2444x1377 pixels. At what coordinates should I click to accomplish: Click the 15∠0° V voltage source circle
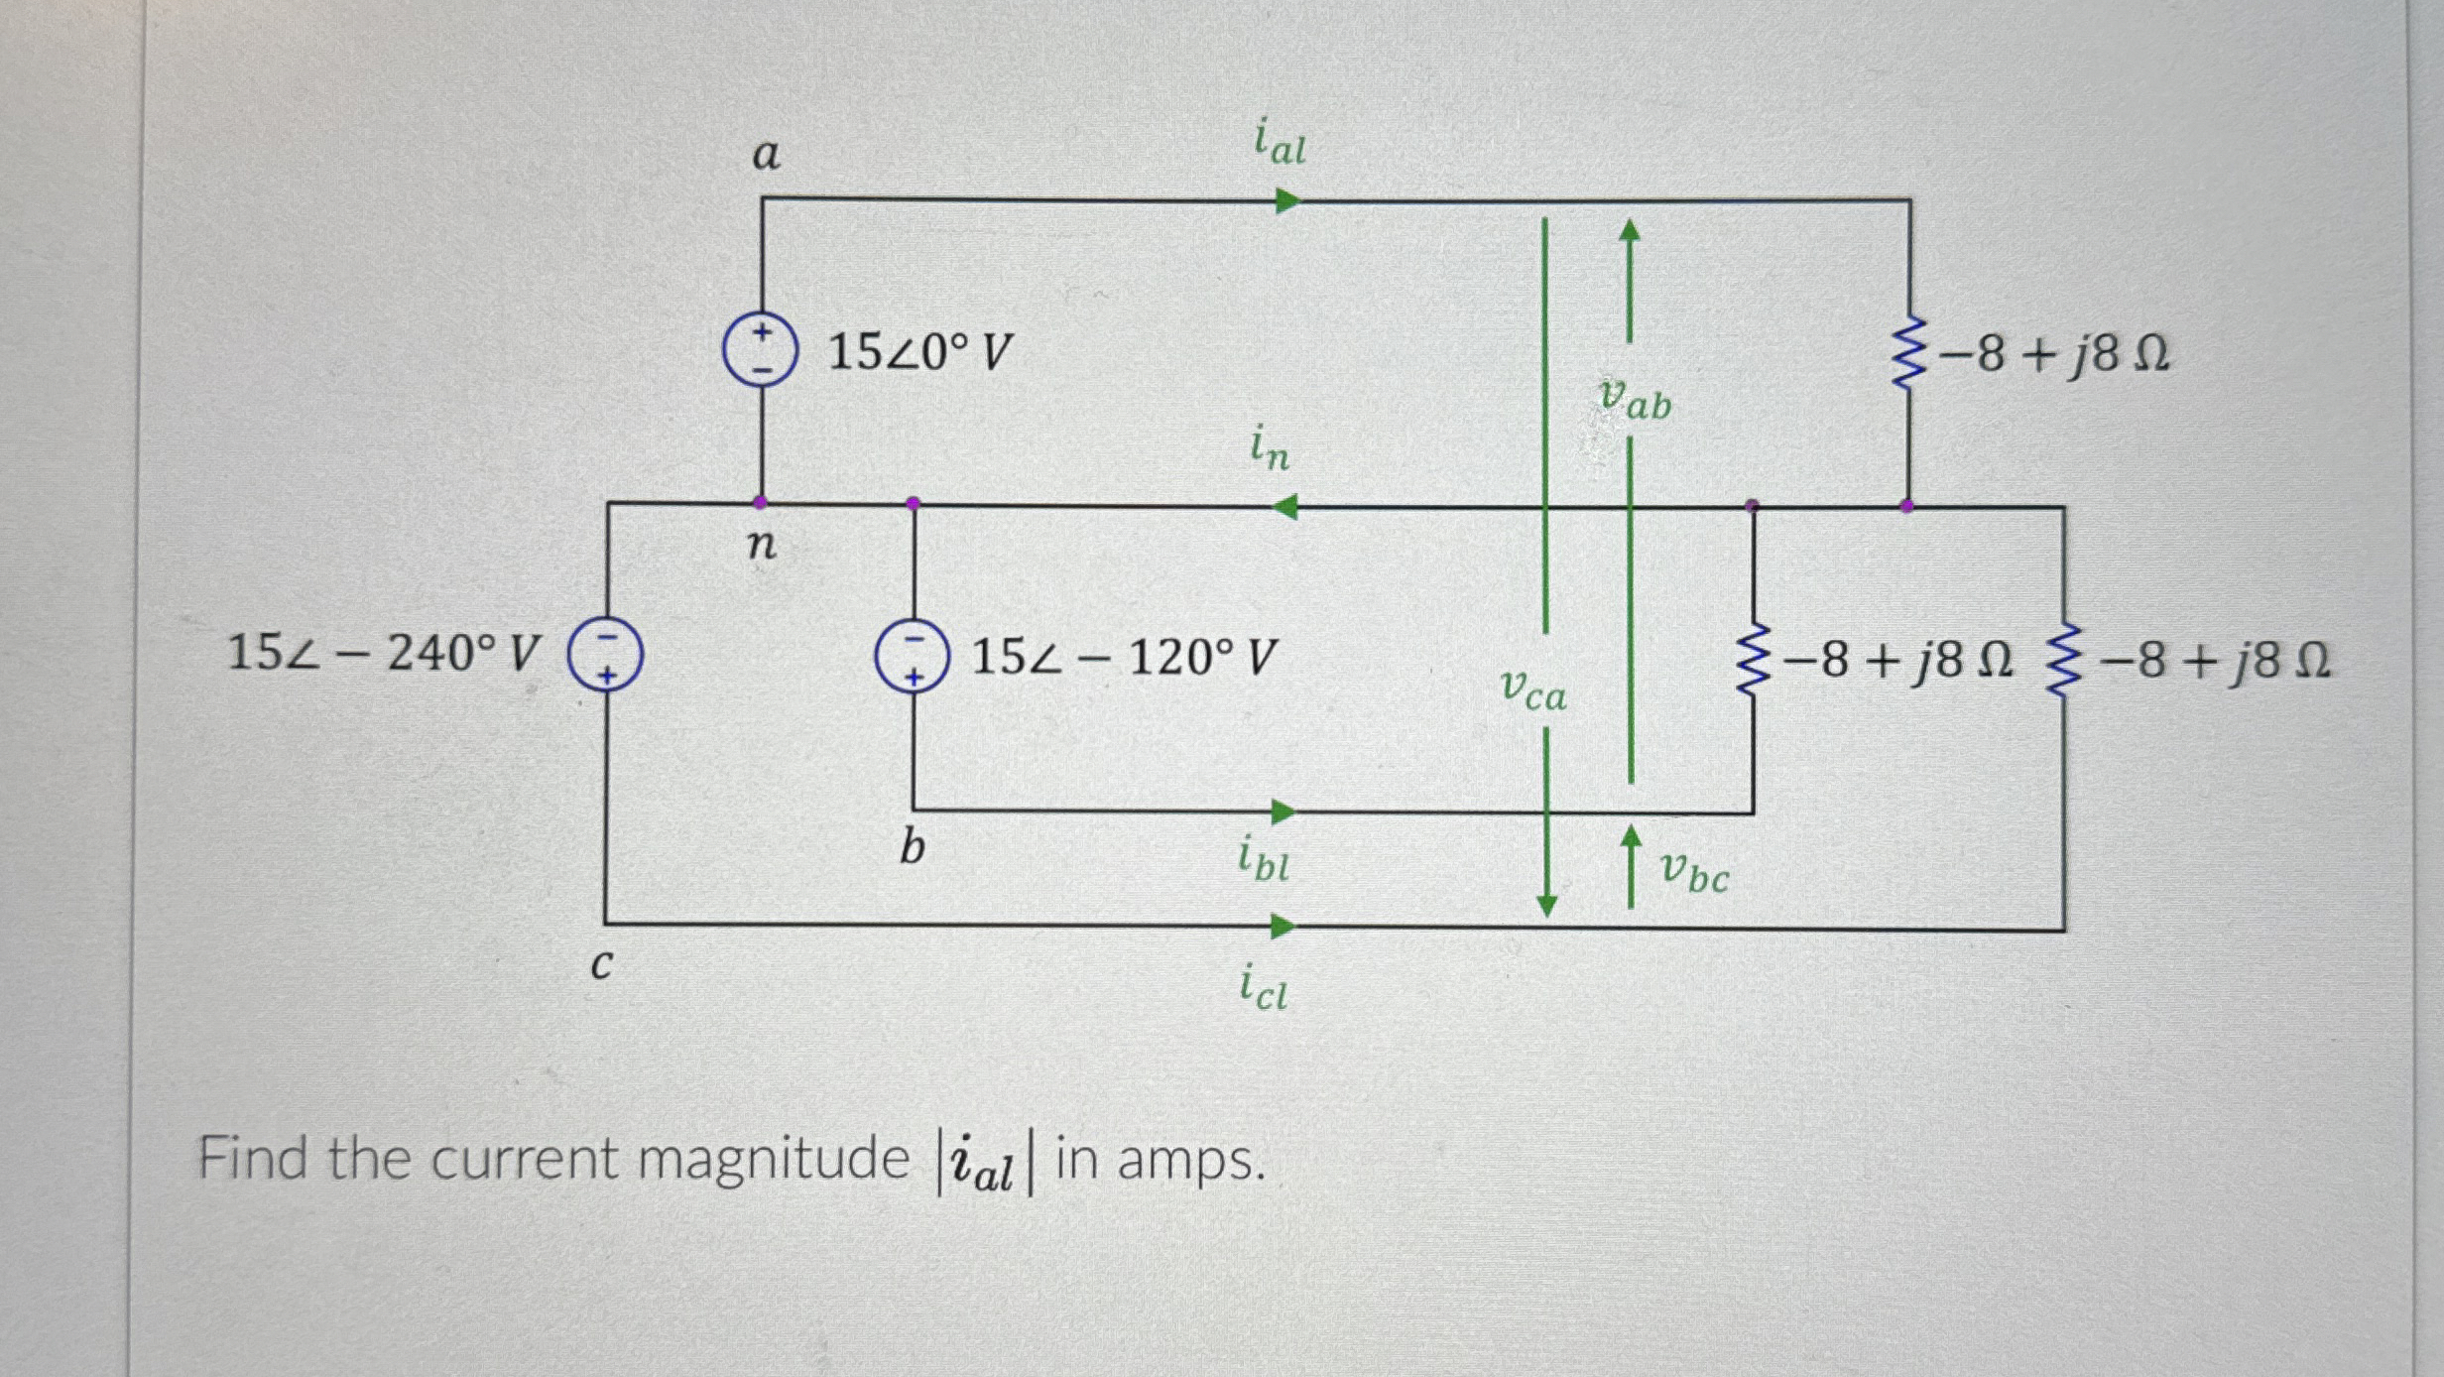pos(760,349)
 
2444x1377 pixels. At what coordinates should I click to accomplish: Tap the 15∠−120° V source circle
pos(913,657)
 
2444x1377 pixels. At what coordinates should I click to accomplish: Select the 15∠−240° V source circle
pos(605,655)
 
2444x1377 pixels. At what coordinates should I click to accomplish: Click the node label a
pos(766,155)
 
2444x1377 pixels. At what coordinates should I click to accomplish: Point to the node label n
pos(761,544)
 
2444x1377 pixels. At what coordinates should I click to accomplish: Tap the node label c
pos(601,963)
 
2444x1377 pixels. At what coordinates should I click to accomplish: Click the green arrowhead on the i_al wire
pos(1286,201)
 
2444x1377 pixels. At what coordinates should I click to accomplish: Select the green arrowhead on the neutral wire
pos(1284,508)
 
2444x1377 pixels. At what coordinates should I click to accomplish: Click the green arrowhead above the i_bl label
pos(1283,813)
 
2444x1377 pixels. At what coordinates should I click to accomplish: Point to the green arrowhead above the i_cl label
pos(1283,927)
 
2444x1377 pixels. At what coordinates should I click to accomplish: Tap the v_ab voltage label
pos(1636,399)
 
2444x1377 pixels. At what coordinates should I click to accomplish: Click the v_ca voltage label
pos(1532,688)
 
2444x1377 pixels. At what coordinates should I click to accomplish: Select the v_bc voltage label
pos(1694,873)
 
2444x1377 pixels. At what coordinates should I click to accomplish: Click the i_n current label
pos(1270,447)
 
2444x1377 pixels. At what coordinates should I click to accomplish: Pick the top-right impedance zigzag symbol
pos(1908,353)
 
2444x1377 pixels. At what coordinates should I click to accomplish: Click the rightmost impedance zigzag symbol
pos(2063,660)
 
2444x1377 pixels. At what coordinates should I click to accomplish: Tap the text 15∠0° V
pos(919,352)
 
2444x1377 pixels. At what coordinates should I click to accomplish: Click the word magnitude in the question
pos(773,1159)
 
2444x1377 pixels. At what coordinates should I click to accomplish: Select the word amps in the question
pos(1190,1161)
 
